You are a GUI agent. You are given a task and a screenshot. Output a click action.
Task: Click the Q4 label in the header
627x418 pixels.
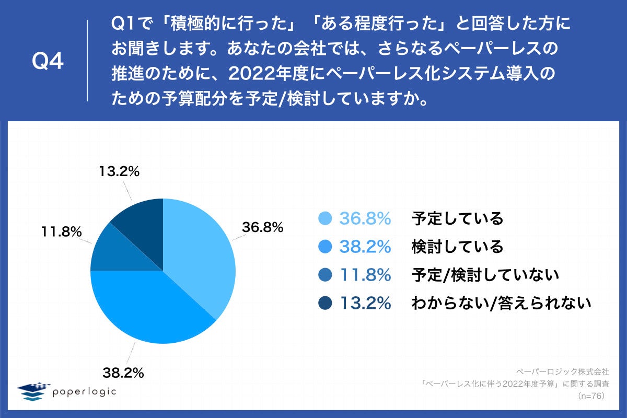(x=48, y=62)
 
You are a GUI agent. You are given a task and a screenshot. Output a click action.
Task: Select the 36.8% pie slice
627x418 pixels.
(x=199, y=251)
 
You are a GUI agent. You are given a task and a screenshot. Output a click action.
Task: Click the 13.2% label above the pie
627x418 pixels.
(x=119, y=171)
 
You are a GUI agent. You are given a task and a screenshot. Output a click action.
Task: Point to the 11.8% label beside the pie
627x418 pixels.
(x=61, y=231)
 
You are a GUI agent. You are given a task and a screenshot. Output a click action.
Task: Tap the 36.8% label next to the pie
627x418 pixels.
(x=262, y=227)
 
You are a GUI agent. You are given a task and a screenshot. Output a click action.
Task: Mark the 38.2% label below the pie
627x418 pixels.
(x=123, y=373)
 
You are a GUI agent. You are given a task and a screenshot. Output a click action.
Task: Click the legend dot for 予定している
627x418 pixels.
(x=324, y=218)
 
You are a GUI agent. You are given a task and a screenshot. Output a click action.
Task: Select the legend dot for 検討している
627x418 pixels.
(x=324, y=247)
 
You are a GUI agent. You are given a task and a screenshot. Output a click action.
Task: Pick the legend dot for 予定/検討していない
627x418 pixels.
(x=324, y=274)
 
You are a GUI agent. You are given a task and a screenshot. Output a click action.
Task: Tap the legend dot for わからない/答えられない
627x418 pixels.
(x=324, y=303)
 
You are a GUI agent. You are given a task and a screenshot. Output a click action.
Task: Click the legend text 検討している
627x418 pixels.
(x=457, y=247)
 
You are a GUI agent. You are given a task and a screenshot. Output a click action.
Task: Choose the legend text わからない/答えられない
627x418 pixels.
(x=501, y=303)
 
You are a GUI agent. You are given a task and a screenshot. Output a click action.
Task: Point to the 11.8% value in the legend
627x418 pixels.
(x=365, y=274)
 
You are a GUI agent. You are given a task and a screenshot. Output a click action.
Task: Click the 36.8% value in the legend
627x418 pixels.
(x=365, y=218)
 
